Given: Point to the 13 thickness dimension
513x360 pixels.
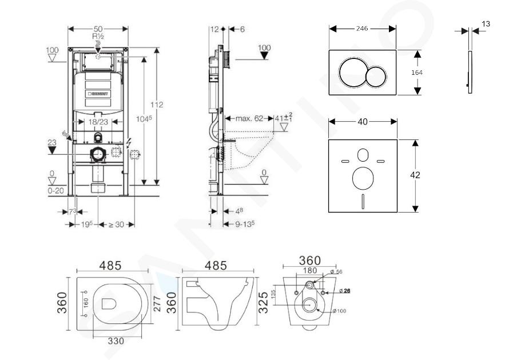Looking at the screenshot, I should pos(486,24).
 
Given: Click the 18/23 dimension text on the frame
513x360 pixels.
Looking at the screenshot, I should pos(98,122).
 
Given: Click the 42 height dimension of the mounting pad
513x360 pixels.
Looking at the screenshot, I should pos(415,175).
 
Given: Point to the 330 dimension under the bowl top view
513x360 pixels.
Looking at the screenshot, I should pos(116,341).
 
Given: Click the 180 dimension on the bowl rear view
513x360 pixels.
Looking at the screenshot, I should pos(309,271).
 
